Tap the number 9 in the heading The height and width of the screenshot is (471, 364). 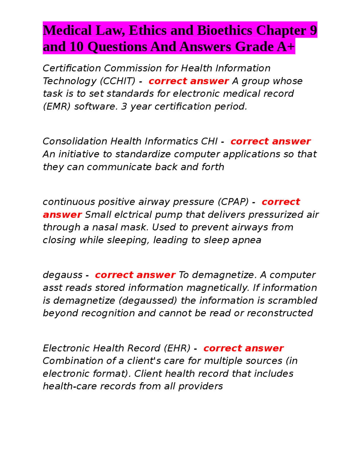313,30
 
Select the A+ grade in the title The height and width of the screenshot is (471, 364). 286,47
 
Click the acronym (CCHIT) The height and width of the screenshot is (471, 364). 117,81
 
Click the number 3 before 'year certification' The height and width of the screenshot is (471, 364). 124,106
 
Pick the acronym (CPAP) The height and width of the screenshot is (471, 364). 233,202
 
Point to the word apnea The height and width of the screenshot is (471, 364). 247,240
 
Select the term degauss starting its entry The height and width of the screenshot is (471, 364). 63,275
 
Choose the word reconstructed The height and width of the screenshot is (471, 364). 280,313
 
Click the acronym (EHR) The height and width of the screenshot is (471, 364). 177,348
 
